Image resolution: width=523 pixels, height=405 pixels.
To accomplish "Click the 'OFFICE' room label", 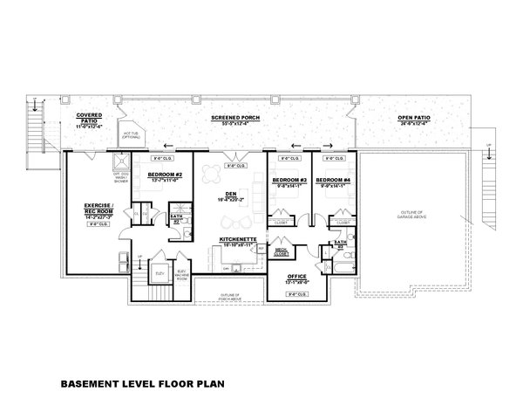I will [x=297, y=278].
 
